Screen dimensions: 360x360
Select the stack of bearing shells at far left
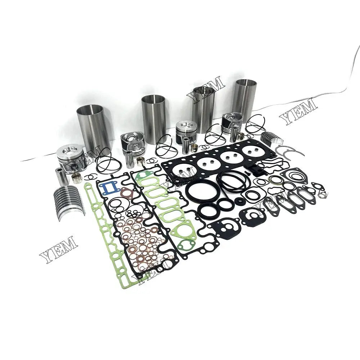69,200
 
